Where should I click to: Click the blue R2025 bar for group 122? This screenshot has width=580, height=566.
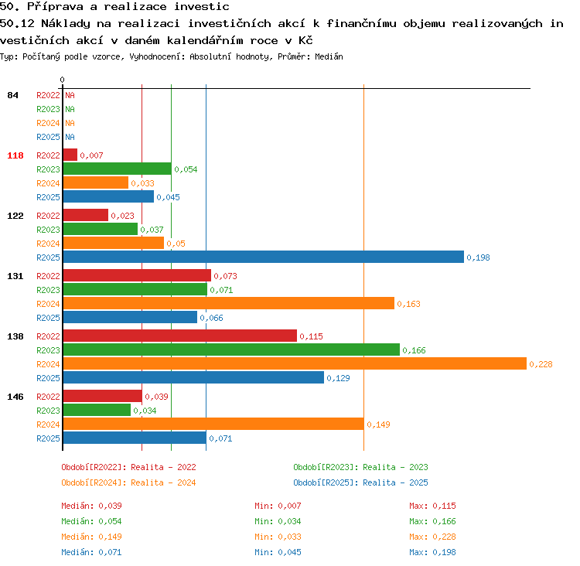point(264,257)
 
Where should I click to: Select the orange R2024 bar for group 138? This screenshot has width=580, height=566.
point(295,363)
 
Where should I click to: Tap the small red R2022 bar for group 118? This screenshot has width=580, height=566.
point(70,155)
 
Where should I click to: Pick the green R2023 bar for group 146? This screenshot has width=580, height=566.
point(97,410)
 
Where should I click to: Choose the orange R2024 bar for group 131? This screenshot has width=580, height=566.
point(229,303)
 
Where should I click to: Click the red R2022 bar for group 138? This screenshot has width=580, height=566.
point(179,336)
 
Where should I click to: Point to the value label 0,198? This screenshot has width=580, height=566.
point(478,257)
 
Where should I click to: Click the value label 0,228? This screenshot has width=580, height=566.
point(541,364)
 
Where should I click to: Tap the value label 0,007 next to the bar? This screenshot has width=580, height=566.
point(91,155)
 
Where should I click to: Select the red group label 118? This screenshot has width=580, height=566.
point(15,155)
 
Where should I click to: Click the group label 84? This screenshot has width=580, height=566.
point(12,95)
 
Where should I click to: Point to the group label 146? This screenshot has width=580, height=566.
point(15,397)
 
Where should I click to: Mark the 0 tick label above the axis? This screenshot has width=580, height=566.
point(62,80)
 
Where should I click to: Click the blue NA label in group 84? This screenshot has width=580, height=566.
point(70,137)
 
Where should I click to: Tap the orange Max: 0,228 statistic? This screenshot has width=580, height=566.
point(432,537)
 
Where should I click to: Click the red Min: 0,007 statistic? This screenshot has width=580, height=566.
point(278,506)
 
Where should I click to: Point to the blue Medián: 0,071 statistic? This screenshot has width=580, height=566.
point(91,552)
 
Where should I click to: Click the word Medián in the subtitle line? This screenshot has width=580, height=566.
point(329,56)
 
